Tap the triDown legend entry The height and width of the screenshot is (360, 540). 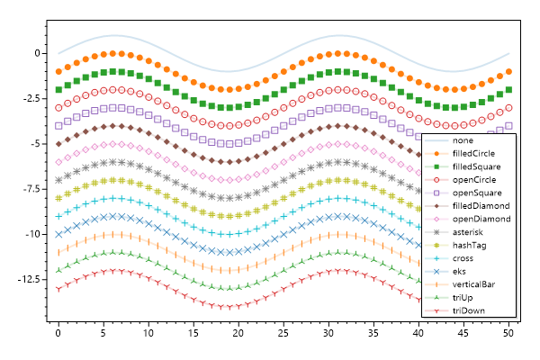pyautogui.click(x=468, y=310)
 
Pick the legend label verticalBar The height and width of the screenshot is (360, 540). pyautogui.click(x=475, y=283)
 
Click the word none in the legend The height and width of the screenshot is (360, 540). pyautogui.click(x=463, y=140)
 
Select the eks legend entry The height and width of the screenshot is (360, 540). pyautogui.click(x=461, y=271)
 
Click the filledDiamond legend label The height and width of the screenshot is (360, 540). pyautogui.click(x=481, y=205)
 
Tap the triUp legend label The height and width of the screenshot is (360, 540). pyautogui.click(x=463, y=297)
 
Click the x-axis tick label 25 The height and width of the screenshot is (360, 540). pyautogui.click(x=283, y=334)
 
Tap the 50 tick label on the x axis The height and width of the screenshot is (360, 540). pyautogui.click(x=508, y=334)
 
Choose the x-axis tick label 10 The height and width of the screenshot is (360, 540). pyautogui.click(x=148, y=334)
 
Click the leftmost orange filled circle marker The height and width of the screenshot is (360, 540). pyautogui.click(x=58, y=71)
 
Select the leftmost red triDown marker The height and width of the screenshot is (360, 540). pyautogui.click(x=58, y=289)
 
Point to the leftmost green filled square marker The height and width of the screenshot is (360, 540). pyautogui.click(x=58, y=89)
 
